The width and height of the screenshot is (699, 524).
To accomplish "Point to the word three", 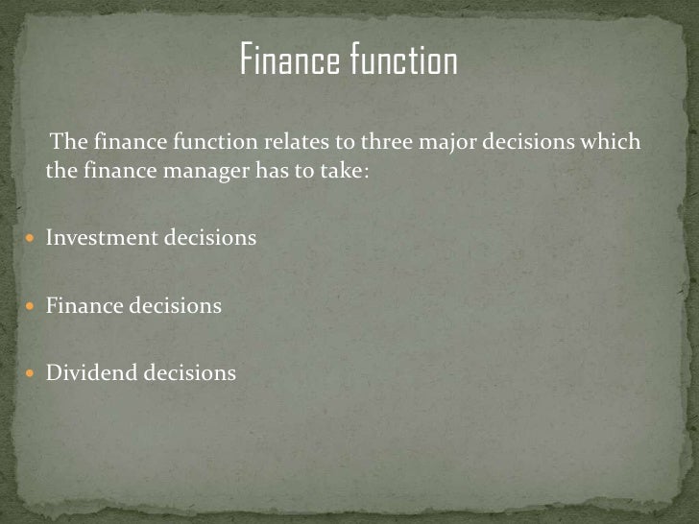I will [x=382, y=143].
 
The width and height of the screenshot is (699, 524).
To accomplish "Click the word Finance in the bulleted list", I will [x=85, y=305].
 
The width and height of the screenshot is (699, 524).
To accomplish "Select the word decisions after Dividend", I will [x=190, y=372].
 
